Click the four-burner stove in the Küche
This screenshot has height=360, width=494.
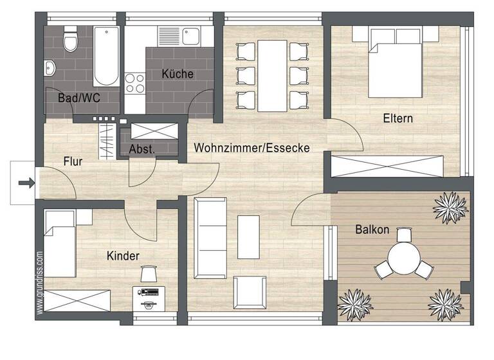[135, 83]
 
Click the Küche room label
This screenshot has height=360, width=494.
[178, 74]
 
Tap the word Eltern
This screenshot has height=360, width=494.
[398, 118]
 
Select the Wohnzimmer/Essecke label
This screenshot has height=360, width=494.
[252, 148]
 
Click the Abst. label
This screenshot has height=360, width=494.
[141, 149]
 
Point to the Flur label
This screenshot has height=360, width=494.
[73, 162]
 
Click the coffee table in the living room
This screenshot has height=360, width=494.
[249, 235]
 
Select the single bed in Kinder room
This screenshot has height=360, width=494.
[61, 242]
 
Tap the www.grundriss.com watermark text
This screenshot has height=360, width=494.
[40, 283]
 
